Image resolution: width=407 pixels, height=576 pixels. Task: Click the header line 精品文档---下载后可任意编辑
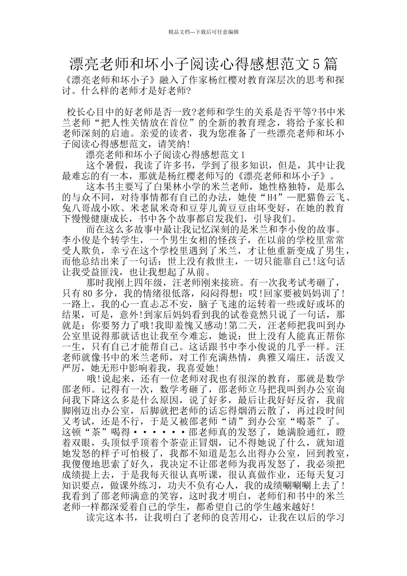click(x=203, y=32)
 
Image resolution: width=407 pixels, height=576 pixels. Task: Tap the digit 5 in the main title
click(x=316, y=64)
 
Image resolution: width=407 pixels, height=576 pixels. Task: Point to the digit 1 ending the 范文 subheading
click(x=243, y=154)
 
